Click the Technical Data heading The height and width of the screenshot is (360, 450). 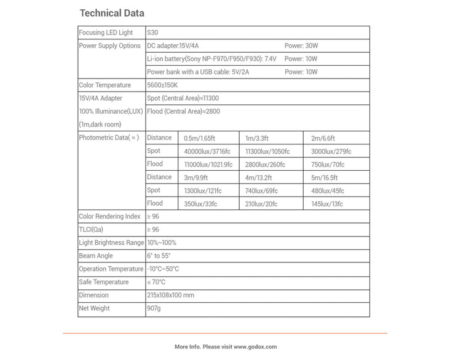(112, 13)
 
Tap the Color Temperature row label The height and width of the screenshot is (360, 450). (105, 85)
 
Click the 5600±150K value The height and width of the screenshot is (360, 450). (163, 85)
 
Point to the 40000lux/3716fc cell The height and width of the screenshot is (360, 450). (208, 151)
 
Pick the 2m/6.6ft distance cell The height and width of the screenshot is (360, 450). (323, 138)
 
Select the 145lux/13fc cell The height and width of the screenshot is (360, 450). (327, 204)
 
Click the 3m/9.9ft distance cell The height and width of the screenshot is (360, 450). (197, 178)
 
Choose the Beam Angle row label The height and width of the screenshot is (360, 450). (96, 256)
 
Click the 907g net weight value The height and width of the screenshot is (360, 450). (154, 308)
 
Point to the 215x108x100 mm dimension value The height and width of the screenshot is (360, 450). (171, 295)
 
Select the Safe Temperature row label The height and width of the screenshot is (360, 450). (104, 282)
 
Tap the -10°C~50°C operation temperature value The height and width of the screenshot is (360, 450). (164, 269)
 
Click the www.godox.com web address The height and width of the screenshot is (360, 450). (255, 347)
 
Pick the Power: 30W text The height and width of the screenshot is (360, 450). (301, 46)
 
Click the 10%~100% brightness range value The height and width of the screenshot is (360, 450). (162, 243)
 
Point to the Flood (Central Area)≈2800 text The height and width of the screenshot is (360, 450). (183, 112)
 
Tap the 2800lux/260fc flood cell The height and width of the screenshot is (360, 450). (266, 165)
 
